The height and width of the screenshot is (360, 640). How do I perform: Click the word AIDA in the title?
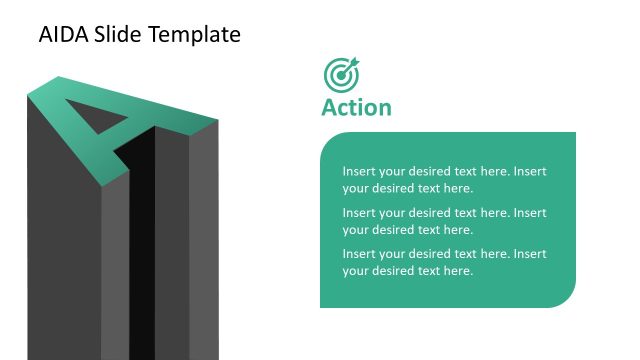pos(62,35)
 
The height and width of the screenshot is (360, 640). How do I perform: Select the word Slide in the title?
pos(117,35)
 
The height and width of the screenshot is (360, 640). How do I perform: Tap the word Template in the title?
pos(194,35)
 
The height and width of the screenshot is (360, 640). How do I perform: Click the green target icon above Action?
pos(341,75)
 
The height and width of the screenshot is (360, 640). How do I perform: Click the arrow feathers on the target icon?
pos(352,63)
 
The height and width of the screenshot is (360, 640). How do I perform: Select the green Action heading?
pos(356,107)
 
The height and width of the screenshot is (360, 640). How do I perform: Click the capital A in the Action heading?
pos(329,107)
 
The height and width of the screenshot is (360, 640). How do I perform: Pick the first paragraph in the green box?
pos(444,179)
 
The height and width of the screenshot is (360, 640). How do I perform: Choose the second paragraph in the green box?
pos(444,221)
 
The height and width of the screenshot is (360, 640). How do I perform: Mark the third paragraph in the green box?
pos(444,262)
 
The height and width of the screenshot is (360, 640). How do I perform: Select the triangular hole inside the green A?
pos(111,125)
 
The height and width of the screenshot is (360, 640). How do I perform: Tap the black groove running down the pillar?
pos(141,250)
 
